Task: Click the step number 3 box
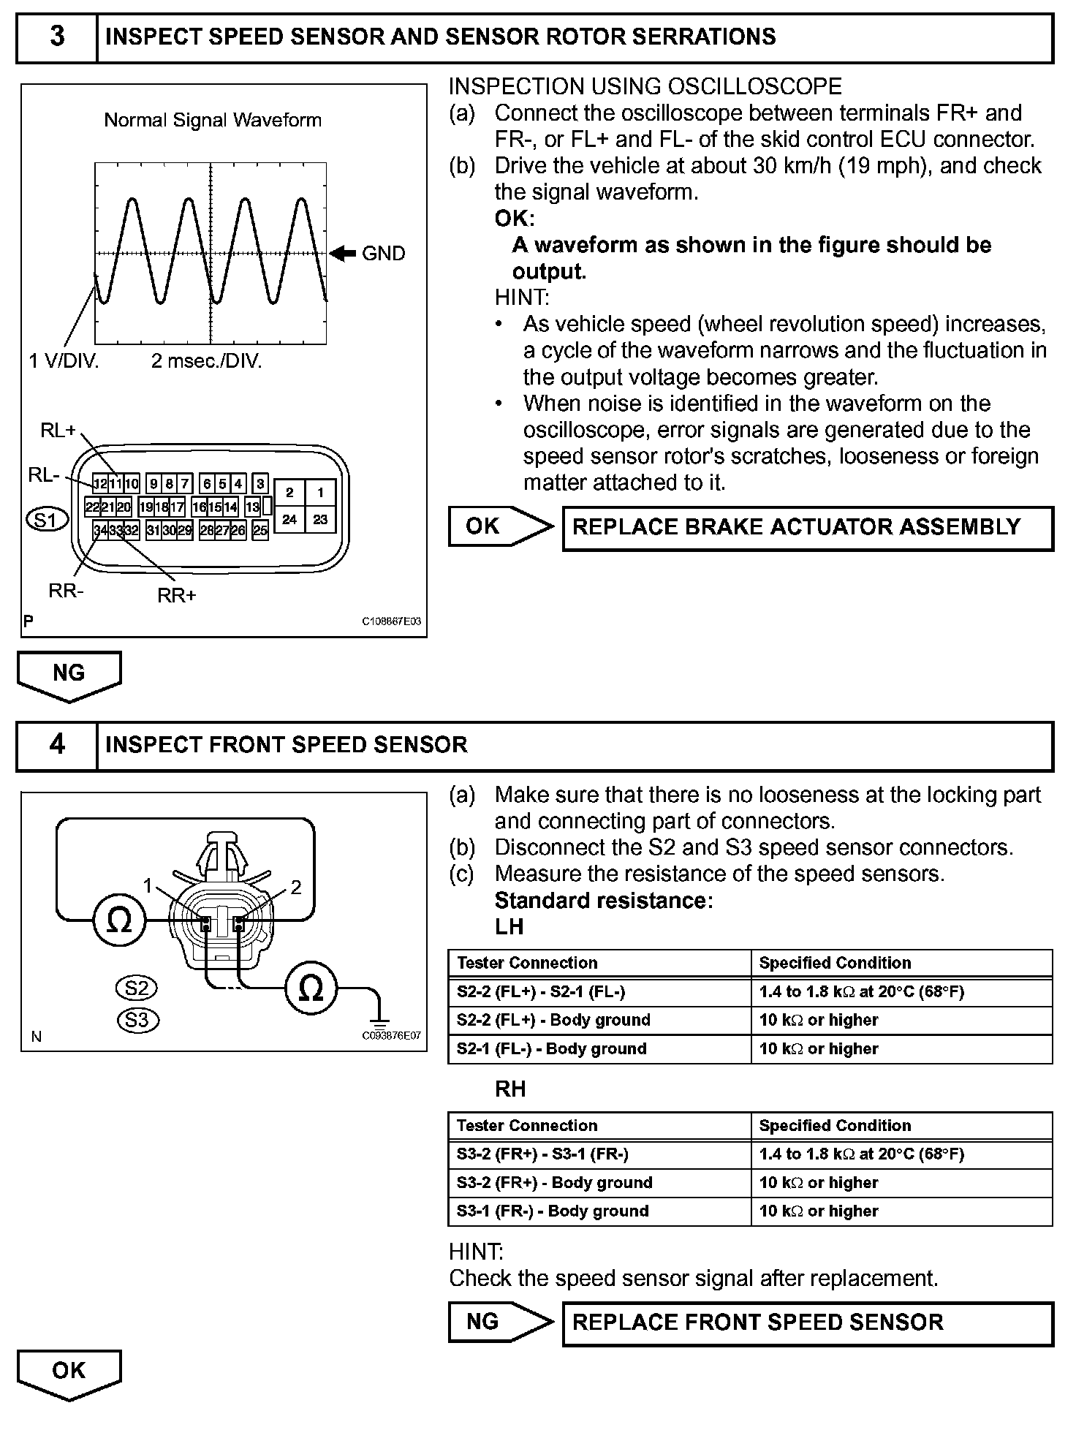[57, 37]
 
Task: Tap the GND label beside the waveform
[383, 254]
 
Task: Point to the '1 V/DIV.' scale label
[64, 361]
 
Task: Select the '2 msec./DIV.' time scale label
[206, 361]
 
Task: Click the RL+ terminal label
[58, 431]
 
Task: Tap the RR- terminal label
[66, 590]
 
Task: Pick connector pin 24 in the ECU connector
[290, 519]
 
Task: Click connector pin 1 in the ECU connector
[320, 492]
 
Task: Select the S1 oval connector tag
[47, 520]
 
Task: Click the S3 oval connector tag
[137, 1019]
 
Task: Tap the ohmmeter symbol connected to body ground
[311, 988]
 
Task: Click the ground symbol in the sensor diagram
[378, 1018]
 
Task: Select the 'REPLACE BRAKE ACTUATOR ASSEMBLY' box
[807, 528]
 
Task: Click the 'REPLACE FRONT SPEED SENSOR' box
[807, 1323]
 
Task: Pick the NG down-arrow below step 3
[69, 674]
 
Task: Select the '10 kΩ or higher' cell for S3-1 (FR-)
[902, 1211]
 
